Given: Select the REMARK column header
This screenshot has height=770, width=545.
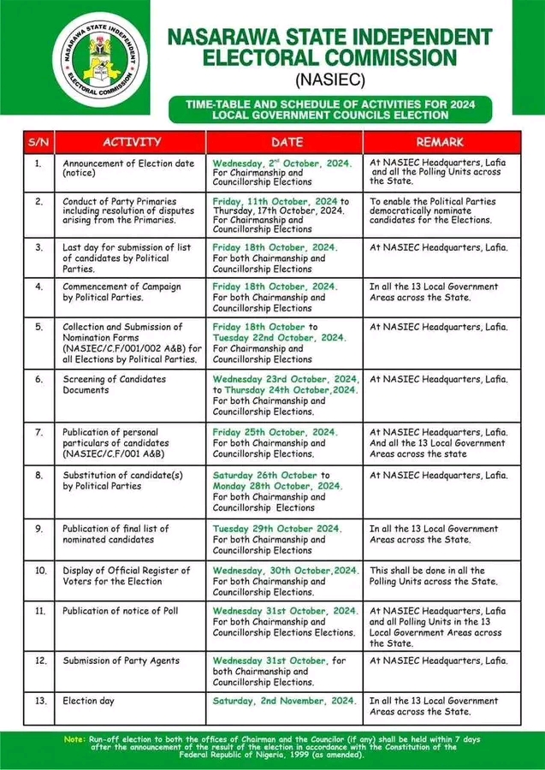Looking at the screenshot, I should tap(440, 141).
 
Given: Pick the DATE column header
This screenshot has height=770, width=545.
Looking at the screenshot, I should tap(287, 141).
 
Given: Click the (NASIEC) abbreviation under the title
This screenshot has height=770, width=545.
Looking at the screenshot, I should tap(330, 80).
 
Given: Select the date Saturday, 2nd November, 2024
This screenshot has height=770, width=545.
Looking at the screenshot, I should tap(283, 701).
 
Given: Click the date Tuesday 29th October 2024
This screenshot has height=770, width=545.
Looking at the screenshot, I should tap(277, 529).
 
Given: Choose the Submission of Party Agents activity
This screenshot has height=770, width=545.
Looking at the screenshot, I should tap(121, 660).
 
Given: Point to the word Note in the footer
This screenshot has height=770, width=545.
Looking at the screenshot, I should tap(75, 738).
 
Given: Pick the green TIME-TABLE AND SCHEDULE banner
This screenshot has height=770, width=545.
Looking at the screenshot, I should tap(330, 109).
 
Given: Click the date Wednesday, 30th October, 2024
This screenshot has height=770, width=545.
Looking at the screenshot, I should tap(286, 570).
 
